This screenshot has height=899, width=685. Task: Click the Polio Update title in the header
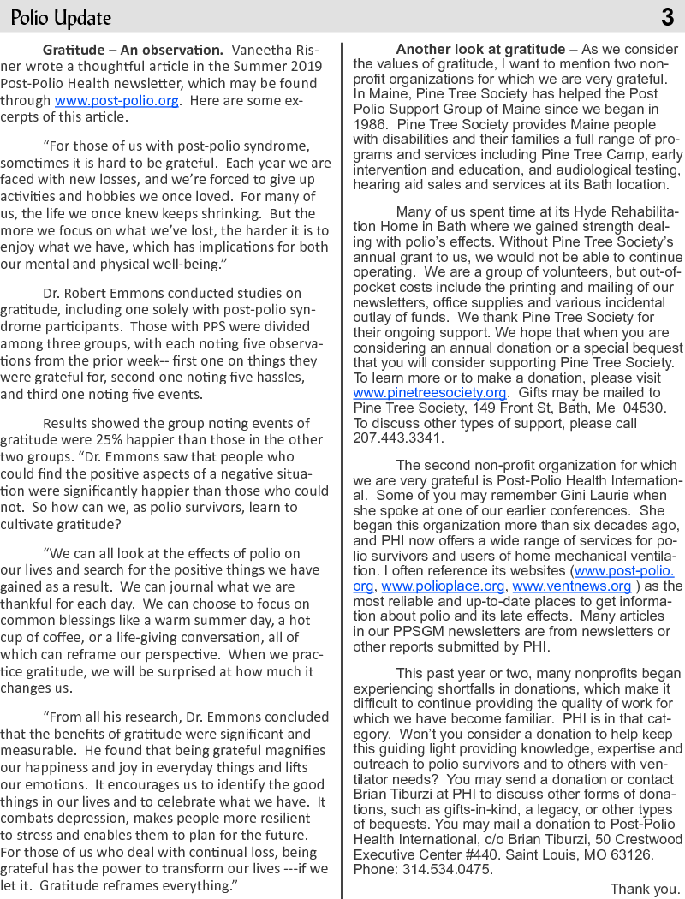[x=61, y=17]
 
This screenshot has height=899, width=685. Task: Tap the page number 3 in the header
[x=667, y=17]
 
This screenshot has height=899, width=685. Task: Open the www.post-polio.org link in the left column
[x=116, y=100]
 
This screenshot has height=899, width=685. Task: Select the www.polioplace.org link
[x=444, y=586]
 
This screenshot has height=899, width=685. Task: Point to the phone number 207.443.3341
[x=398, y=438]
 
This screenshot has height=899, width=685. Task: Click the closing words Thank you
[x=645, y=889]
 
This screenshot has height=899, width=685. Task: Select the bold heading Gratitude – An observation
[x=133, y=50]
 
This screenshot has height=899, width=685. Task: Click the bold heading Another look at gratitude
[x=486, y=50]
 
